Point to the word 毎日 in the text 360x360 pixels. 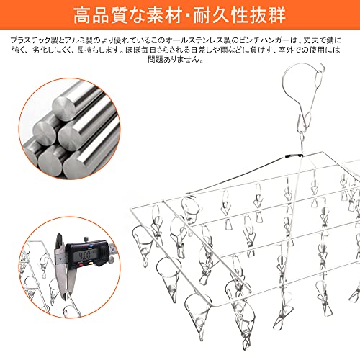coord(148,50)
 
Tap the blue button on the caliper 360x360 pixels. coord(91,246)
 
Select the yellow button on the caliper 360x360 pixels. coord(91,264)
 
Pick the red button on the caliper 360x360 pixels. coord(81,265)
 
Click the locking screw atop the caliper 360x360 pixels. coord(86,240)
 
